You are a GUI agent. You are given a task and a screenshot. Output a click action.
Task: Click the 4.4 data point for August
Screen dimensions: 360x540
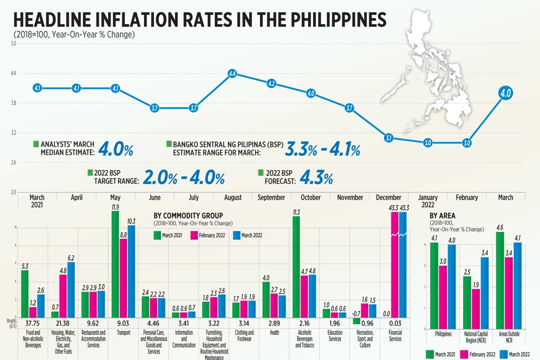[x=232, y=74]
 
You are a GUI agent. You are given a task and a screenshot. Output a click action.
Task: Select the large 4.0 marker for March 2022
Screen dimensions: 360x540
[x=505, y=93]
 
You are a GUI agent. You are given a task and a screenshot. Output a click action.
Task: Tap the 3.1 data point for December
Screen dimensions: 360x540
[x=388, y=138]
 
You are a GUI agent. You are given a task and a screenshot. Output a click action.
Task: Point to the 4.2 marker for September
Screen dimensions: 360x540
[x=271, y=83]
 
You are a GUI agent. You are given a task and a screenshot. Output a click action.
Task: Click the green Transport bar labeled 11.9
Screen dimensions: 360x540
[x=115, y=263]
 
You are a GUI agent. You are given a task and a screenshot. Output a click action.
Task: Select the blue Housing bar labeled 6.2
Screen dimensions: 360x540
[x=70, y=289]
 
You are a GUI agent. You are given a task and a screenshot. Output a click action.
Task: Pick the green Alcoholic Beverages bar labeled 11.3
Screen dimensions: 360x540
[x=296, y=266]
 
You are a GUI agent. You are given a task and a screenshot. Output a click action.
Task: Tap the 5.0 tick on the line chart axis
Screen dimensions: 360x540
[x=13, y=44]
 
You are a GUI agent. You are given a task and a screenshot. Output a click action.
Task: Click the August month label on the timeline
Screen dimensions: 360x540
[x=233, y=197]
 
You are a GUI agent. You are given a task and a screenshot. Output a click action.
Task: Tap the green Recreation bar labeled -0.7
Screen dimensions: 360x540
[x=355, y=320]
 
